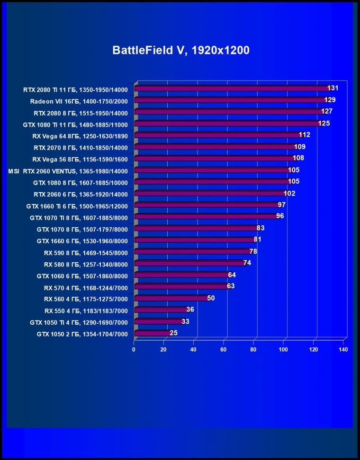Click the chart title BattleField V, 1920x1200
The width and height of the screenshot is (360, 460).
tap(180, 51)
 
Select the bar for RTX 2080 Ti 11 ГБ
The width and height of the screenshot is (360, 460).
tap(232, 88)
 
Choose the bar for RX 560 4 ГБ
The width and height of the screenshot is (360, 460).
tap(171, 299)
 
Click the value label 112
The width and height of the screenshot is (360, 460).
tap(305, 135)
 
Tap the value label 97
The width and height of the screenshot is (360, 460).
tap(281, 204)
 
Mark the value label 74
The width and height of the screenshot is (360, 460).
tap(247, 263)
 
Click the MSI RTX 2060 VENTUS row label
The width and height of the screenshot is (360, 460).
tap(68, 170)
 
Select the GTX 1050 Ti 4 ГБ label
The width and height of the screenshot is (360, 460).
tap(79, 322)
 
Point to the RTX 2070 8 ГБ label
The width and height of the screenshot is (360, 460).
tap(81, 147)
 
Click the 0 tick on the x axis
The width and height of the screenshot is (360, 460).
tap(134, 350)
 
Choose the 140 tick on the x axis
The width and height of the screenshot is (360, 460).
tap(343, 350)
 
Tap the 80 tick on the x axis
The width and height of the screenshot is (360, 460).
tap(254, 350)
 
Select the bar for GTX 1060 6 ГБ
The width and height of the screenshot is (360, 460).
tap(182, 275)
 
